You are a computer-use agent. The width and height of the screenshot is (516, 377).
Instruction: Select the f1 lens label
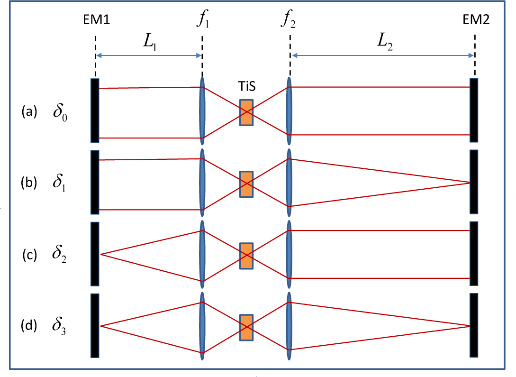tap(202, 20)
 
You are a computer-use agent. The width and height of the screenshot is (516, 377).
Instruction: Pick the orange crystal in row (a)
tap(246, 112)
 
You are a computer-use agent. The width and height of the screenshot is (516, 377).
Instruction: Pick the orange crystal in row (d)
tap(246, 327)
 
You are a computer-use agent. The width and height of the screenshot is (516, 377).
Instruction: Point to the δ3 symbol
tap(60, 327)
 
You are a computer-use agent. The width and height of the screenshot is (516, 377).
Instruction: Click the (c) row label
tap(29, 255)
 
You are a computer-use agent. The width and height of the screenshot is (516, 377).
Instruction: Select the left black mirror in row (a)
tap(95, 110)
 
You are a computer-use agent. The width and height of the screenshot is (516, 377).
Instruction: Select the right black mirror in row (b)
tap(474, 182)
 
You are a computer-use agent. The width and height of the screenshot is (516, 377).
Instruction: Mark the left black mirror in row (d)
tap(95, 325)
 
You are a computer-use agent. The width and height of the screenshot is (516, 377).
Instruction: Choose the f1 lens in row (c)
tap(202, 255)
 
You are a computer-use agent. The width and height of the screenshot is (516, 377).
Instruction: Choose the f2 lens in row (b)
tap(289, 183)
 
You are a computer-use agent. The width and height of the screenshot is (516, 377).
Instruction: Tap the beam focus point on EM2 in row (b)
tap(470, 183)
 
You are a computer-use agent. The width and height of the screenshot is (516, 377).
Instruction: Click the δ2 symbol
tap(60, 255)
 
